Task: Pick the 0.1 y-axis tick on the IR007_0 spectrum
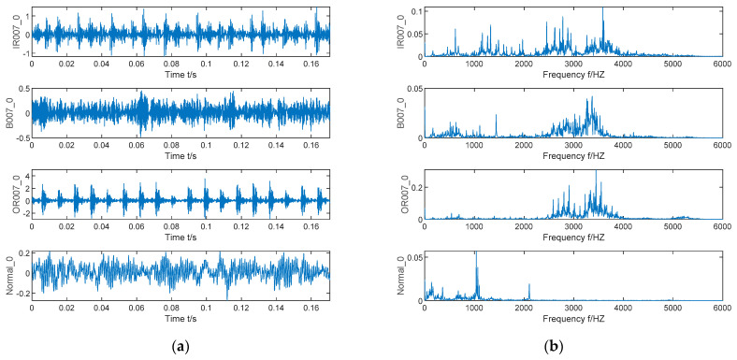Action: (415, 9)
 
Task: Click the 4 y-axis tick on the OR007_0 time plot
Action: (25, 175)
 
